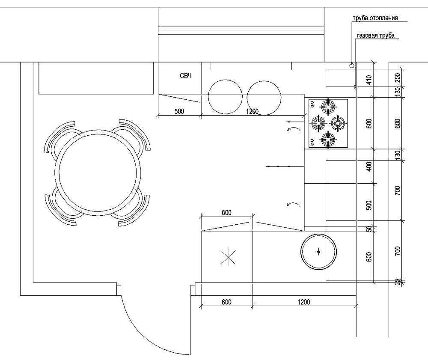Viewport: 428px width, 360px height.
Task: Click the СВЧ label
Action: (185, 76)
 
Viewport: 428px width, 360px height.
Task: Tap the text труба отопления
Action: (375, 18)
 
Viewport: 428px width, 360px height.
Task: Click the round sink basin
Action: (318, 252)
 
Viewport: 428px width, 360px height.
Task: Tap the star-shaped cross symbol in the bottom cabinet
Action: (227, 257)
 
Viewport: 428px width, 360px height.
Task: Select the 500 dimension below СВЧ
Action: (179, 111)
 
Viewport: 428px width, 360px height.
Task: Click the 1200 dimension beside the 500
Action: (253, 111)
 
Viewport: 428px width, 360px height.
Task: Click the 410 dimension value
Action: (369, 79)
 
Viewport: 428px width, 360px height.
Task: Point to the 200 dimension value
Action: (397, 77)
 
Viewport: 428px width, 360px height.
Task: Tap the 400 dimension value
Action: (369, 166)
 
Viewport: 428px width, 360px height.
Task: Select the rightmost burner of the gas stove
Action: (338, 123)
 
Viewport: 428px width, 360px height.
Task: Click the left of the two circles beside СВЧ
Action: (225, 98)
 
